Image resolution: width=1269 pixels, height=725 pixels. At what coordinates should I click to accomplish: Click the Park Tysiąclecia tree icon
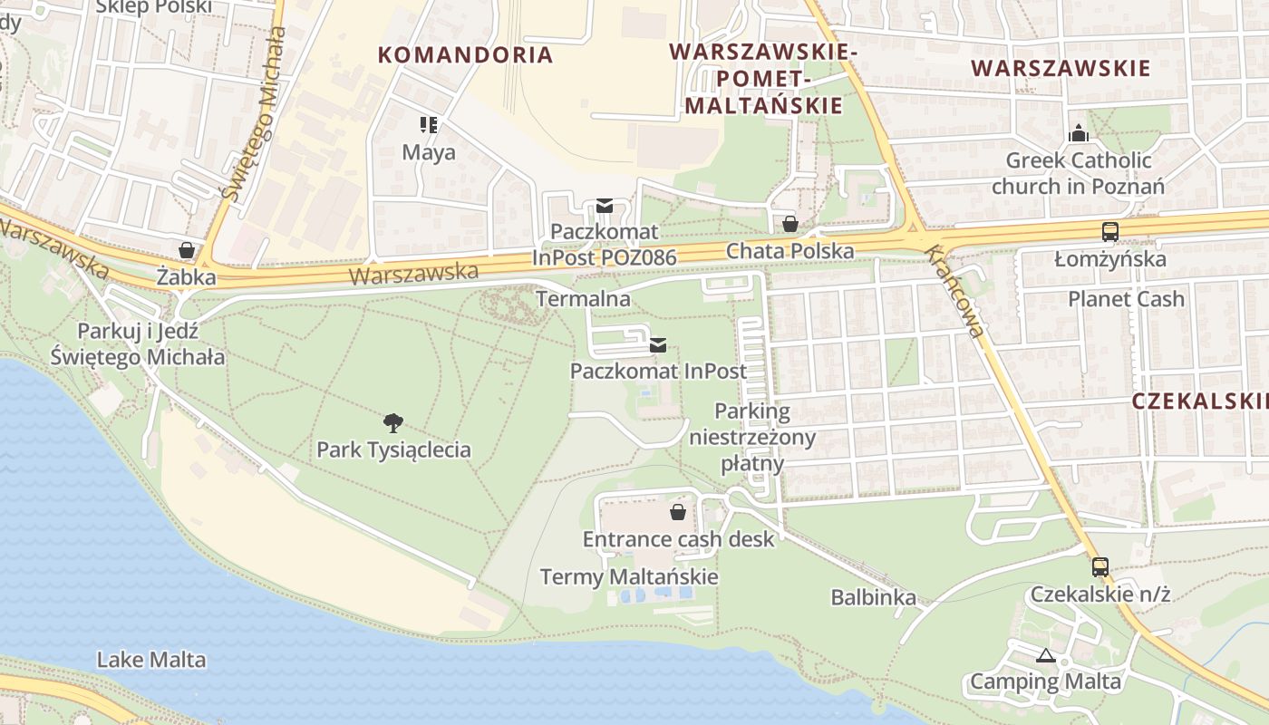[x=392, y=422]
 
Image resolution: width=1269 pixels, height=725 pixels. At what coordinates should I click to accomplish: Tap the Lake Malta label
[x=151, y=660]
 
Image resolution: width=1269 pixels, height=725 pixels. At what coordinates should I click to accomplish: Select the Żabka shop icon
[x=187, y=250]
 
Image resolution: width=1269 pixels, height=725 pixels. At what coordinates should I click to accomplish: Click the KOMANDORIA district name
[x=465, y=54]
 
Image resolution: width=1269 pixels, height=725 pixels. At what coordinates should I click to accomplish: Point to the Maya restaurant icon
[x=429, y=125]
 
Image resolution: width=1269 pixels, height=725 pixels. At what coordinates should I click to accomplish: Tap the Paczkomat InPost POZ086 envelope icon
[x=605, y=206]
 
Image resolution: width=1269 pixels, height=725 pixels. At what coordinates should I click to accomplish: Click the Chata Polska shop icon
[x=790, y=224]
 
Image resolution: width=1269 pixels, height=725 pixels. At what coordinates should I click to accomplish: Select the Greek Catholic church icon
[x=1078, y=134]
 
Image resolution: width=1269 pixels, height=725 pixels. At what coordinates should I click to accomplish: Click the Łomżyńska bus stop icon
[x=1109, y=232]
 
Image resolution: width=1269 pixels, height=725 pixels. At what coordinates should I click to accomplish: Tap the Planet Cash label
[x=1126, y=299]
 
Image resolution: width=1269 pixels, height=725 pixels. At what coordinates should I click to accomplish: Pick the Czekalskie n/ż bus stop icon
[x=1099, y=567]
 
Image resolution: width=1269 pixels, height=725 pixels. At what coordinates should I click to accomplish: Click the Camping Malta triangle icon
[x=1045, y=655]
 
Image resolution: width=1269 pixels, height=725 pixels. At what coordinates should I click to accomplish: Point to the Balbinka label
[x=873, y=597]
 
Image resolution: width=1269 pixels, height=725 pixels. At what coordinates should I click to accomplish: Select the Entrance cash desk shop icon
[x=677, y=513]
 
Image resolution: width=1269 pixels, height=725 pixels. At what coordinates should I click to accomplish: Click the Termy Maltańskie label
[x=629, y=576]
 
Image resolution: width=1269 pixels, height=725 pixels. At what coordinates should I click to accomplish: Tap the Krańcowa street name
[x=955, y=291]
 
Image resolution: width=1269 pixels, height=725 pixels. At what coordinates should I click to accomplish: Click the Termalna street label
[x=583, y=298]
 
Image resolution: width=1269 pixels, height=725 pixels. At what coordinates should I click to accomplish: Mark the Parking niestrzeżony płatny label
[x=752, y=438]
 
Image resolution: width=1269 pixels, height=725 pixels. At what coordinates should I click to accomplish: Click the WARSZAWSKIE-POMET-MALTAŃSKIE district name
[x=763, y=79]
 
